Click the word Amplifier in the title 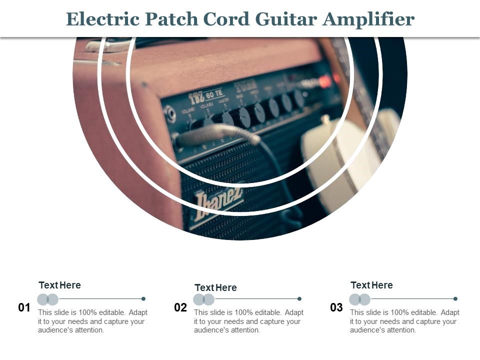(369, 19)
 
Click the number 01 (24, 307)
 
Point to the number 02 (180, 307)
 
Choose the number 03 (336, 307)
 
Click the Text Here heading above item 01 (59, 285)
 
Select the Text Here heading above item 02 (215, 287)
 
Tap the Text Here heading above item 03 (371, 285)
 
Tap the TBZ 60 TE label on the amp (205, 95)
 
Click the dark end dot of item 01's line (143, 299)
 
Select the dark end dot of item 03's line (455, 299)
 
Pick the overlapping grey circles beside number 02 (204, 299)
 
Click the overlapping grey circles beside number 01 (48, 299)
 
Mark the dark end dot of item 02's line (299, 299)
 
